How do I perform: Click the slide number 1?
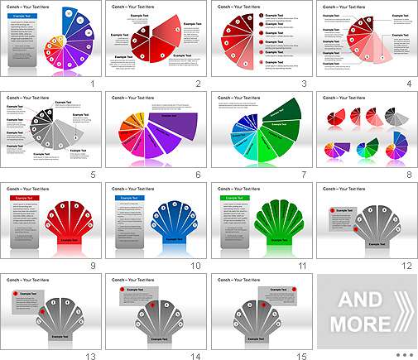pos(93,84)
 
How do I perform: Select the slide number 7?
pos(301,175)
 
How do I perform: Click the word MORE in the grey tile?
pos(361,321)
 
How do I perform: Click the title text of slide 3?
pos(238,7)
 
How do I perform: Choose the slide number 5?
pos(93,175)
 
